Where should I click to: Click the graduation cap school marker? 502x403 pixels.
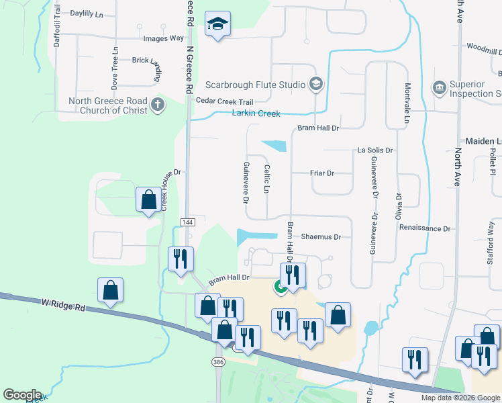click(217, 24)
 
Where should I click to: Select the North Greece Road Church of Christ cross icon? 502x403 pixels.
click(157, 104)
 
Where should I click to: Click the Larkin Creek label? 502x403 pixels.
click(256, 114)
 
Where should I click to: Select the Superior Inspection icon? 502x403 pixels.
click(440, 87)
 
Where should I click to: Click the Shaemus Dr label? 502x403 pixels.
click(321, 237)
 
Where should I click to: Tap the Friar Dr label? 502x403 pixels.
click(322, 173)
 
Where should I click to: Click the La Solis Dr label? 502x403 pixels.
click(374, 150)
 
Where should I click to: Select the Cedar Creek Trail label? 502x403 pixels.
click(224, 101)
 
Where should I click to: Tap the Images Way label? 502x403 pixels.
click(164, 38)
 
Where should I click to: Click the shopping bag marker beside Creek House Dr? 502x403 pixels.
click(148, 199)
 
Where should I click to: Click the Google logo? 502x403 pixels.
click(22, 395)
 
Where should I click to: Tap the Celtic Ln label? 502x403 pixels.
click(266, 179)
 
